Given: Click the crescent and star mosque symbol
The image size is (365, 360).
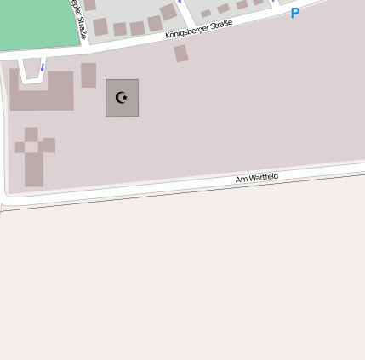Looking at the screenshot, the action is point(122,98).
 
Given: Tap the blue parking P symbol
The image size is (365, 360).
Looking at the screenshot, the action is point(295,14).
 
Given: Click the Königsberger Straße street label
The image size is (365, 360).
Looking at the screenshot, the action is point(199,30).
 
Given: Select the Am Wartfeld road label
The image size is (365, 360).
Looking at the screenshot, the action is point(257,178).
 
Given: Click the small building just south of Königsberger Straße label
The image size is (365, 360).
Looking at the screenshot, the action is point(181,54).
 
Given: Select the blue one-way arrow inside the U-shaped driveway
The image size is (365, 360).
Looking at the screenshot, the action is point(43,66).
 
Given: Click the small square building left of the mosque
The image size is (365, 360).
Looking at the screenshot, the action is point(88,75).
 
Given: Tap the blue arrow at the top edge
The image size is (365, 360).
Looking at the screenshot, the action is point(180,2).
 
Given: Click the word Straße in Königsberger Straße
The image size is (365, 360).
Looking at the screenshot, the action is point(219,26).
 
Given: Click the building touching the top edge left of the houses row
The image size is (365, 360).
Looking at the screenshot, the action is point(89,5).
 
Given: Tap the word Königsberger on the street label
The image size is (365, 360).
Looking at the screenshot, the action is point(187,32).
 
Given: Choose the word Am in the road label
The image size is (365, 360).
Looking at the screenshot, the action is point(241,180).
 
